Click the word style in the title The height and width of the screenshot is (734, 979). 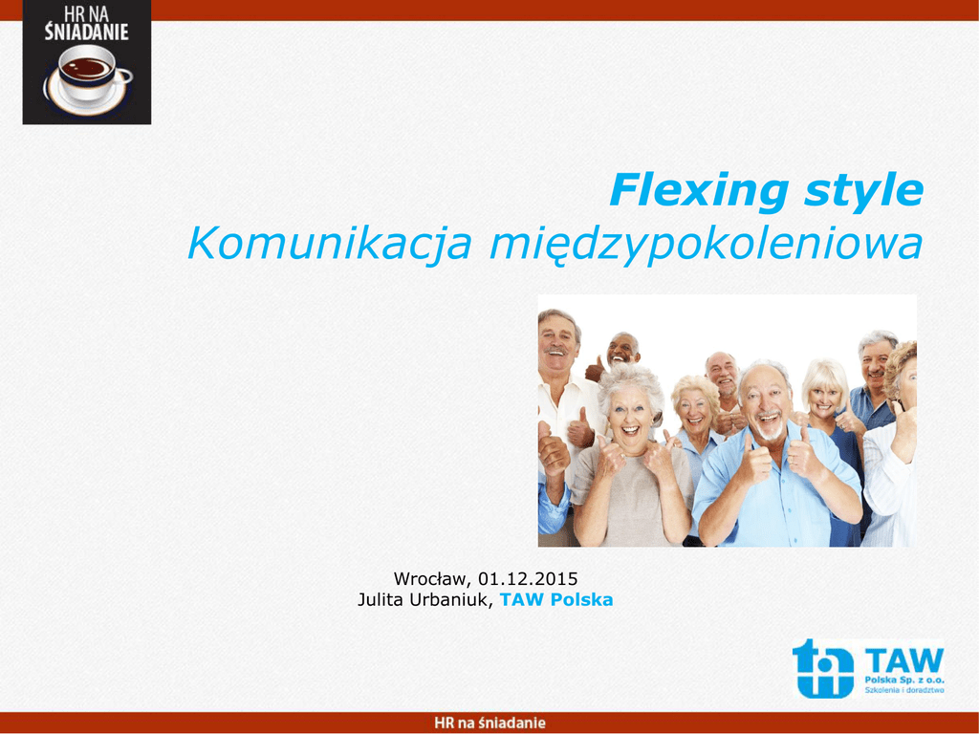(x=863, y=191)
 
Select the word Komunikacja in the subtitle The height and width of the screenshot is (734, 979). (x=330, y=246)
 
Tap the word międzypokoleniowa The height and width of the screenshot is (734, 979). (x=707, y=246)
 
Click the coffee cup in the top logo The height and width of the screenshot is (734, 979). (x=87, y=79)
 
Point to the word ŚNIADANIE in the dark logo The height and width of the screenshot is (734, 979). (x=86, y=32)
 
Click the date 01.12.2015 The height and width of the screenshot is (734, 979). (x=528, y=578)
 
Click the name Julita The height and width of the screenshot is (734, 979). (x=381, y=600)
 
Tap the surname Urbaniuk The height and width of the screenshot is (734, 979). (x=452, y=600)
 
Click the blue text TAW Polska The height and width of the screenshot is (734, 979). (x=556, y=600)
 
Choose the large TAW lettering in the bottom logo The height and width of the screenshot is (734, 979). (x=904, y=660)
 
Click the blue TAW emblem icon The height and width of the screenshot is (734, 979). (x=823, y=668)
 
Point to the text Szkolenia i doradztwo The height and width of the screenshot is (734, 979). (x=904, y=690)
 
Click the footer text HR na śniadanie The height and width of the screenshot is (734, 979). (x=489, y=723)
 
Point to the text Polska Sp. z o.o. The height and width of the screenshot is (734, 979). (x=904, y=680)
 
